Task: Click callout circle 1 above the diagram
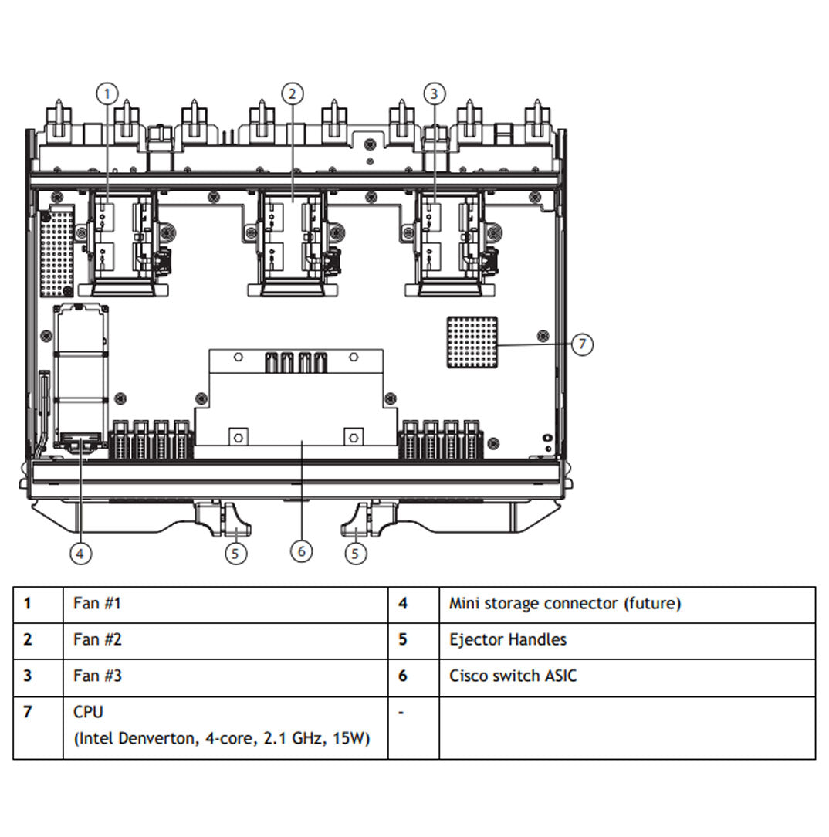click(x=107, y=93)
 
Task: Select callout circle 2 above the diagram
click(x=292, y=94)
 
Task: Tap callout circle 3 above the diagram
click(x=435, y=93)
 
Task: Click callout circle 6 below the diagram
click(x=302, y=551)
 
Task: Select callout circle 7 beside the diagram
click(x=583, y=344)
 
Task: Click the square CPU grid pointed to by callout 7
click(x=472, y=342)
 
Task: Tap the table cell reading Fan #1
click(x=97, y=604)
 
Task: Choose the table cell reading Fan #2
click(x=97, y=640)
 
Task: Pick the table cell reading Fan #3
click(x=97, y=676)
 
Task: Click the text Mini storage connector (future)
click(x=565, y=604)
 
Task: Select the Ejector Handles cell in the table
click(x=508, y=640)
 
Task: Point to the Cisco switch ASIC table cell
click(x=513, y=676)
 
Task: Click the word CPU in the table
click(x=88, y=712)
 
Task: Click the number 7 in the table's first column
click(x=28, y=712)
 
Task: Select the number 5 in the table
click(x=402, y=640)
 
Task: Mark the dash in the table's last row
click(x=401, y=712)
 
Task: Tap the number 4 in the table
click(x=402, y=604)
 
